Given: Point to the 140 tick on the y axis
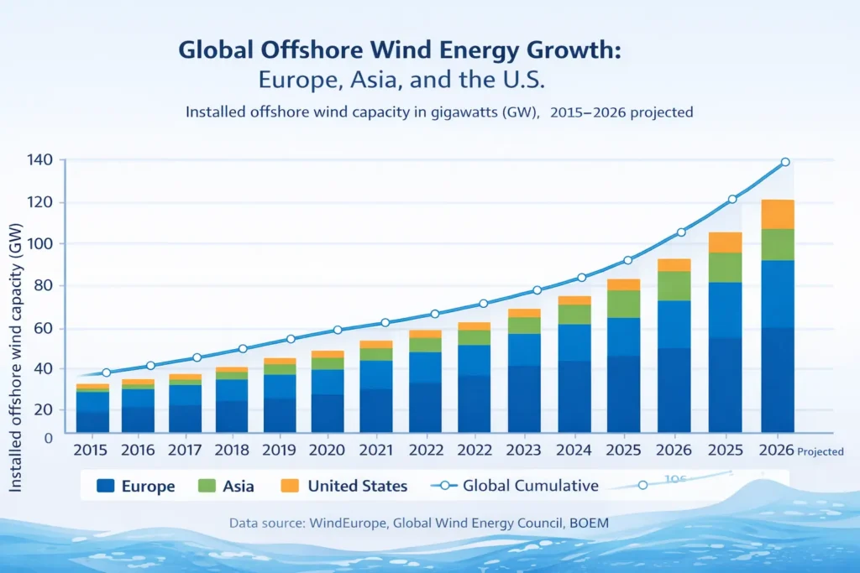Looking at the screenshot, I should pos(39,160).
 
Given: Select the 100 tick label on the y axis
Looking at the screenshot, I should pos(39,244).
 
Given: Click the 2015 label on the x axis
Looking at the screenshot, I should pos(92,450).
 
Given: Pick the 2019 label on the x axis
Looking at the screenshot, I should pos(280,450).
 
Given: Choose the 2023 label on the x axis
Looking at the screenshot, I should pos(522,450).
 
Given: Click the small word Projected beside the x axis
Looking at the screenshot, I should pos(821,451).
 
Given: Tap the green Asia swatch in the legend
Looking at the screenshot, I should pos(207,486).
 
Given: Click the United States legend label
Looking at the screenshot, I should pos(357,486).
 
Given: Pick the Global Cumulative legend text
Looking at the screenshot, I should pos(531,486).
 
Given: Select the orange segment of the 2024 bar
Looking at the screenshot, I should pos(574,300).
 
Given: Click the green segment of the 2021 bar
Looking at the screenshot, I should pos(375,354).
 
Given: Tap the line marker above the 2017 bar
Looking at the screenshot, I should pos(197,358).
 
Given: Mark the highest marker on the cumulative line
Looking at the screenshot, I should pos(785,162).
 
